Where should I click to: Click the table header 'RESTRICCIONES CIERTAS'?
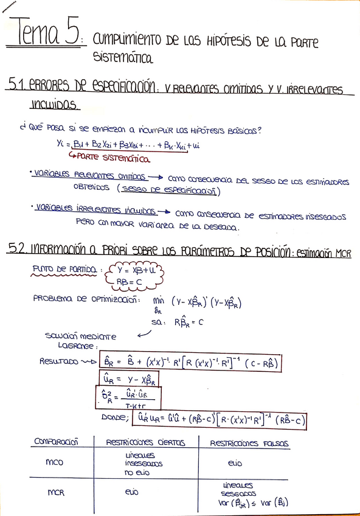(x=145, y=443)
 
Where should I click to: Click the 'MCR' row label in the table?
(x=55, y=494)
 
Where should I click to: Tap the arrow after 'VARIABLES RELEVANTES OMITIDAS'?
(x=156, y=178)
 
